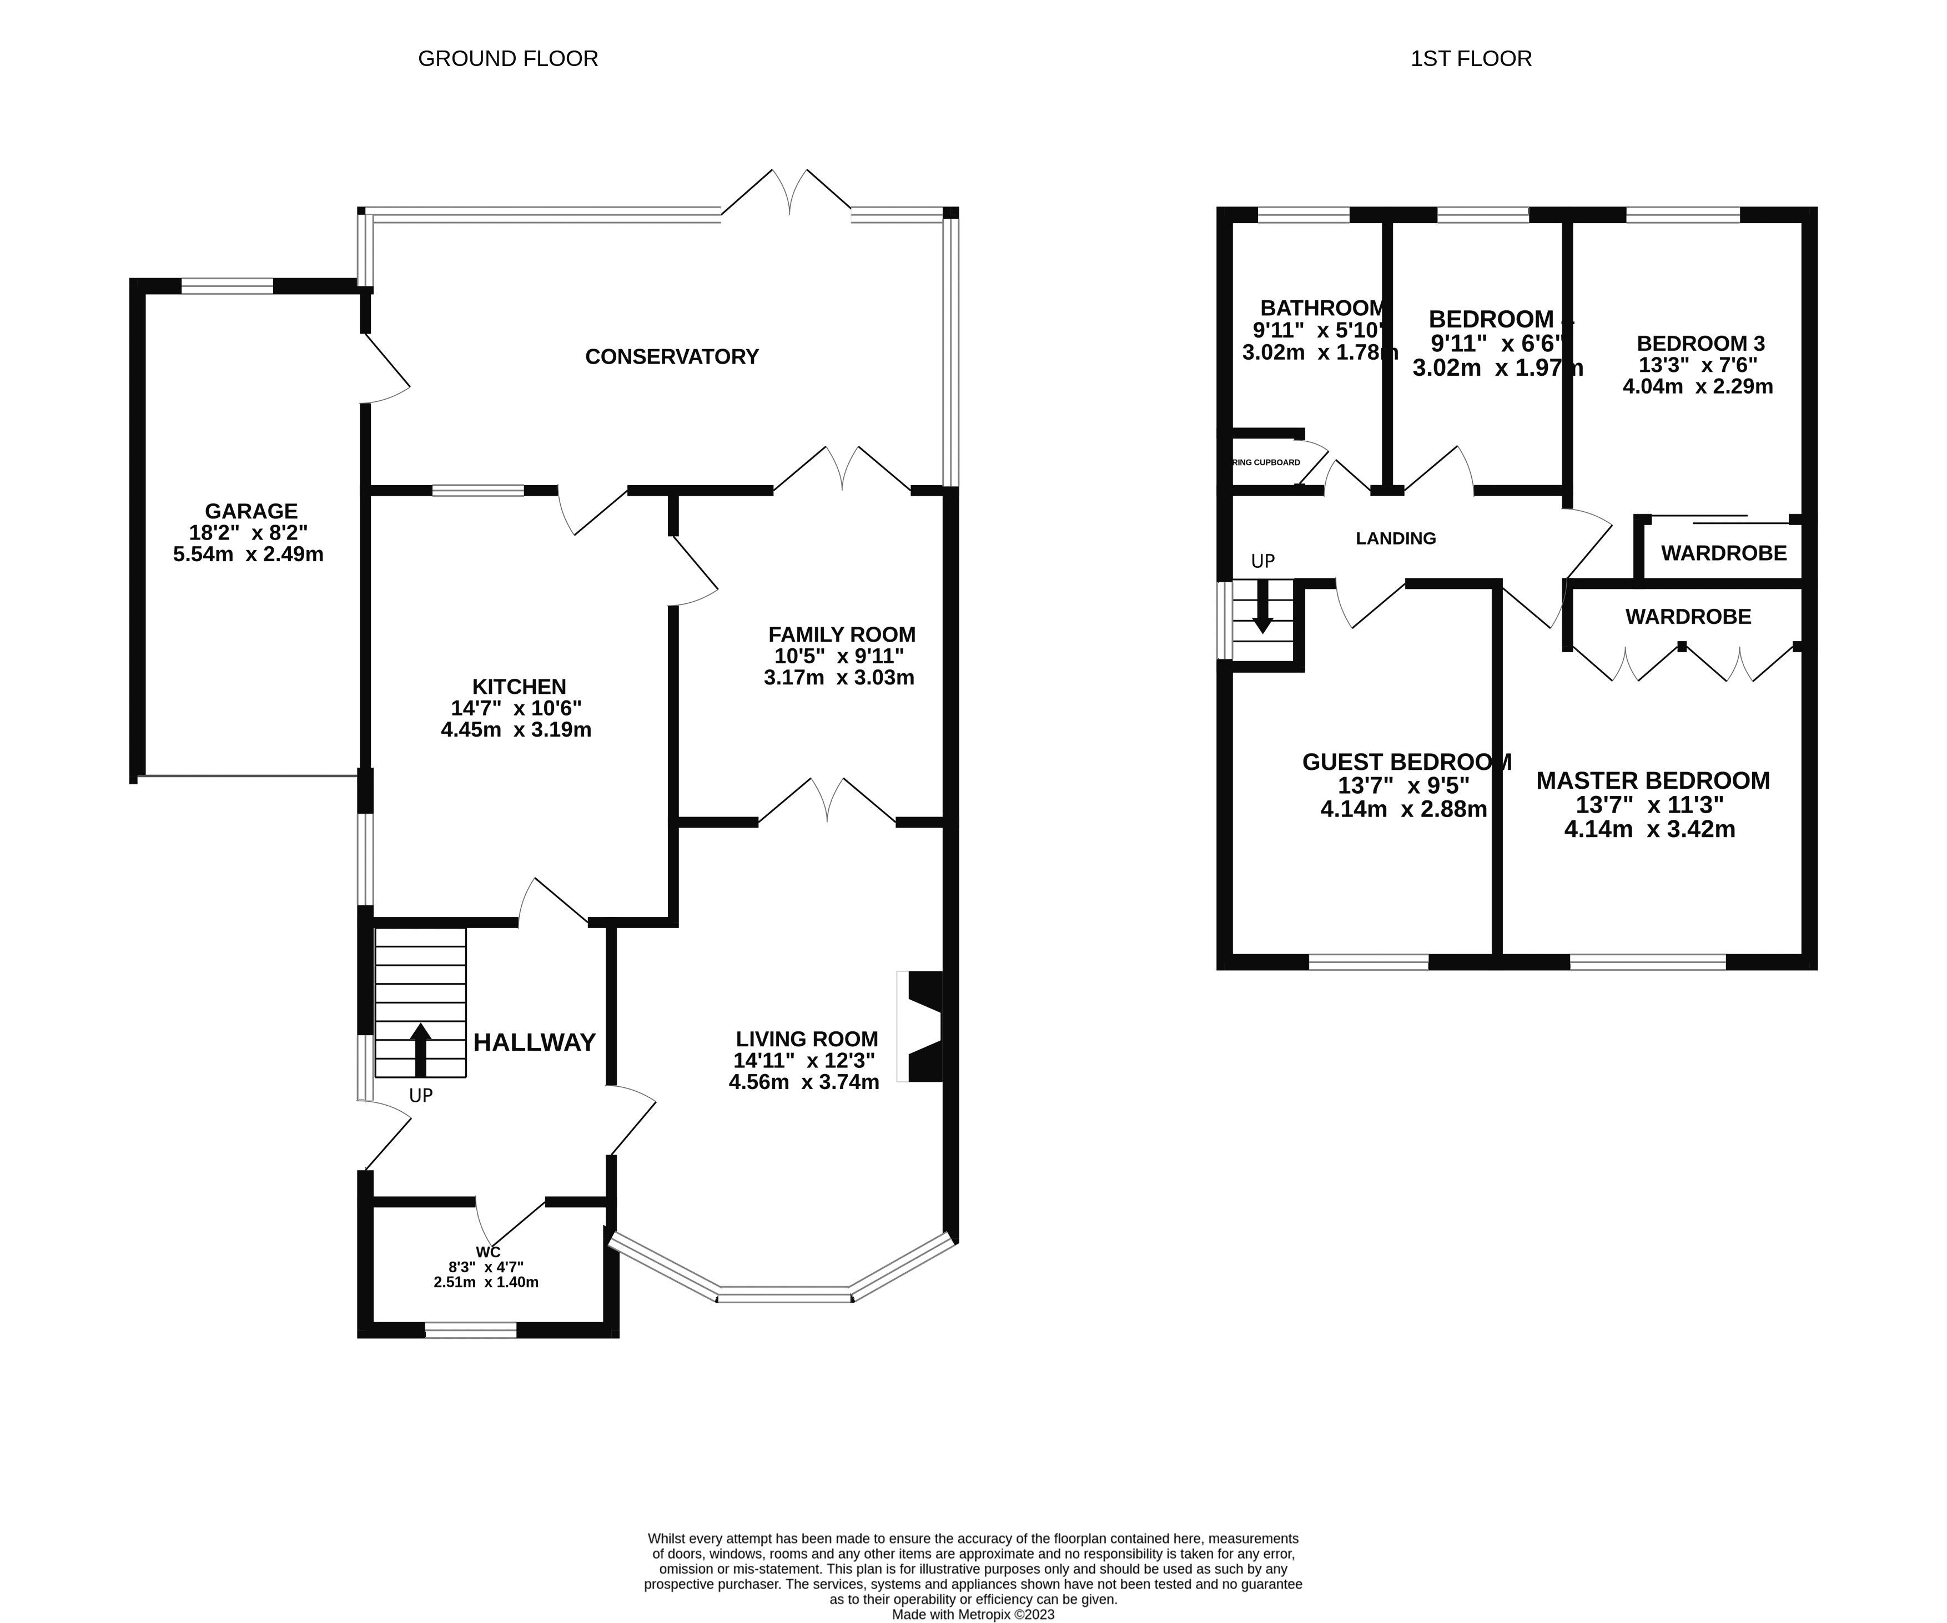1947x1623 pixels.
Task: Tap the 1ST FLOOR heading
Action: tap(1471, 58)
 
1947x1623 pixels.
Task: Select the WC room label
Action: tap(487, 1252)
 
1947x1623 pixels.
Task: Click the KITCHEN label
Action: tap(519, 687)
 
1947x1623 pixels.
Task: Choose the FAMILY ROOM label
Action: tap(841, 635)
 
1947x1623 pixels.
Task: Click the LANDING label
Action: tap(1395, 538)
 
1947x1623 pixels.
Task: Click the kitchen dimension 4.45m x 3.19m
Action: tap(516, 729)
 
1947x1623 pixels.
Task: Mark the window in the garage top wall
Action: tap(227, 286)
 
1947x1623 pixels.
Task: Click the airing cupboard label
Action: tap(1266, 462)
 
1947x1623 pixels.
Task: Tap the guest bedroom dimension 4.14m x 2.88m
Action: tap(1403, 809)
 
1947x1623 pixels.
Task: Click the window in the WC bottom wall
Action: tap(470, 1331)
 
